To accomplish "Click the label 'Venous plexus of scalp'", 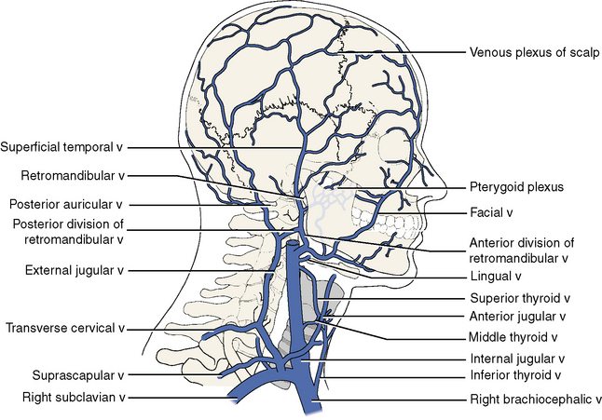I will coord(534,51).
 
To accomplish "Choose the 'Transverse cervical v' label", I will coord(65,328).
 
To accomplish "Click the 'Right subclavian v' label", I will coord(72,398).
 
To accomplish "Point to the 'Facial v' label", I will coord(492,212).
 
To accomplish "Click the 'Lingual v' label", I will coord(495,277).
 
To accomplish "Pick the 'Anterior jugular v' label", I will coord(516,317).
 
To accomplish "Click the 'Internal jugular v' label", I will coord(516,359).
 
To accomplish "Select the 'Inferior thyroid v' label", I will coord(515,375).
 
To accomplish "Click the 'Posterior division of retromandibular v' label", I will coord(68,231).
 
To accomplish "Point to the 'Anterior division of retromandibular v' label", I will coord(517,250).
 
